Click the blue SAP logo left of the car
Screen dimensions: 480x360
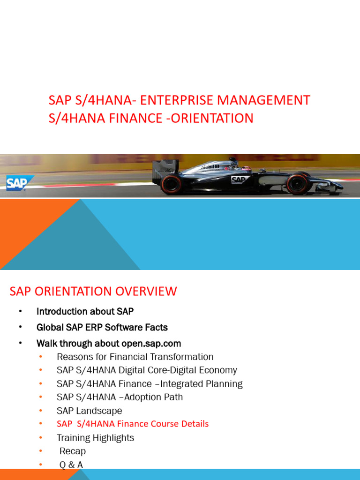20,182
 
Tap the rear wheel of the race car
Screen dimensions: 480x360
171,184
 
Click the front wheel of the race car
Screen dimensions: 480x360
299,184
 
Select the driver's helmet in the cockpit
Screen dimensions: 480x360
246,168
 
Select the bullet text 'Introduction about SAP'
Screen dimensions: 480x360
85,312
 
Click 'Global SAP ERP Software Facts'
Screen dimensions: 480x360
102,327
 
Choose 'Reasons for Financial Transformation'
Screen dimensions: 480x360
135,357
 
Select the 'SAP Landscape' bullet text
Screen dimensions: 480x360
89,411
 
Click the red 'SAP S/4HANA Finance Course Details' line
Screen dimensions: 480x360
133,424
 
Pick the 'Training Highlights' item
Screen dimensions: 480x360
95,438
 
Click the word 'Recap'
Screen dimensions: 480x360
73,451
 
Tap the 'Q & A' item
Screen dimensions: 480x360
71,465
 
